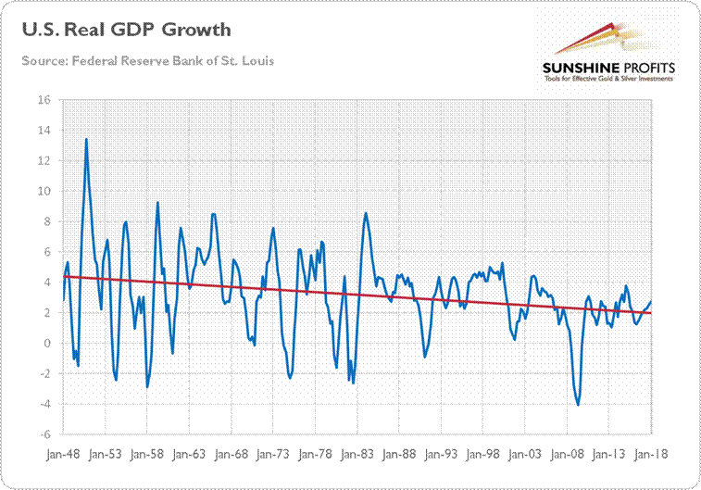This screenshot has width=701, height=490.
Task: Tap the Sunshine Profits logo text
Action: click(x=597, y=69)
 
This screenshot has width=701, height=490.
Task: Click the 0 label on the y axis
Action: click(x=48, y=344)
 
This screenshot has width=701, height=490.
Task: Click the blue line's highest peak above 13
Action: click(x=86, y=139)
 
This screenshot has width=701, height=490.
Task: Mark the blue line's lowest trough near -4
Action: click(x=579, y=405)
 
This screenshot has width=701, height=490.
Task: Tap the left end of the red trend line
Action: click(x=63, y=276)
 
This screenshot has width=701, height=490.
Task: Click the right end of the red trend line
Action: click(x=652, y=313)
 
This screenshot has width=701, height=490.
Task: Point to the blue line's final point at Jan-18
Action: click(x=652, y=301)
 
